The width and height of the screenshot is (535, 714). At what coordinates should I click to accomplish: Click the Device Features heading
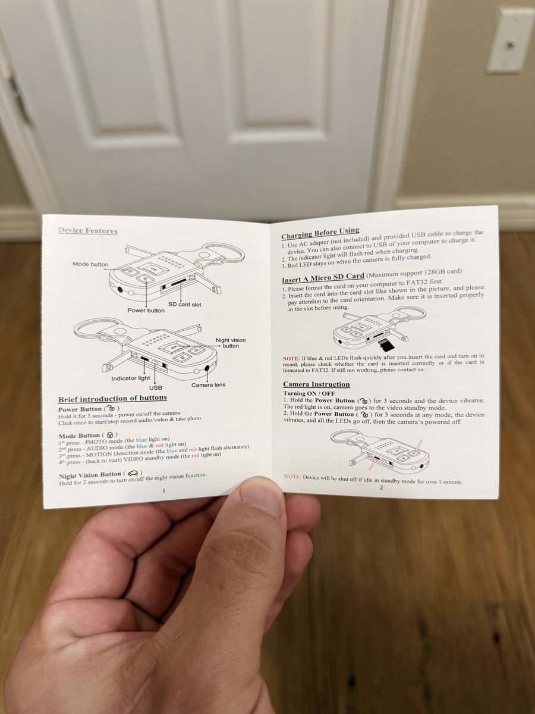point(88,231)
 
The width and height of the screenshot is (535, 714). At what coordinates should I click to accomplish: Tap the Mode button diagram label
point(90,264)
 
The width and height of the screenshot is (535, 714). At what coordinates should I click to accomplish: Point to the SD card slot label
point(184,305)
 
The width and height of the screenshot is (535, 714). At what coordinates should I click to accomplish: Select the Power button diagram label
point(146,311)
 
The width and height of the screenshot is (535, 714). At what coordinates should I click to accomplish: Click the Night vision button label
point(231,343)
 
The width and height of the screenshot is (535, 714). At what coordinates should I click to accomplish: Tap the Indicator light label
point(131,378)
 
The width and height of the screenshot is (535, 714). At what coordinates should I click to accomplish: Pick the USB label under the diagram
point(156,388)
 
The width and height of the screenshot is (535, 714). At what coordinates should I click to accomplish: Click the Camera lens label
point(208,385)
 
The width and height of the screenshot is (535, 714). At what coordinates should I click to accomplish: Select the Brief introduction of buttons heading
point(113,399)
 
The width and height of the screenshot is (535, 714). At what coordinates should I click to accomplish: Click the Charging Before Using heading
point(320,232)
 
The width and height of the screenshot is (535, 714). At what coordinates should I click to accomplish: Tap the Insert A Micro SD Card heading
point(323,278)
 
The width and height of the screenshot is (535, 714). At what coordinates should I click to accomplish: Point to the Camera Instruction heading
point(316,384)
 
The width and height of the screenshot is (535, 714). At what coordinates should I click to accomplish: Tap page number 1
point(163,490)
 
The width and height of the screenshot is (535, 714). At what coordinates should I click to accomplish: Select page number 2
point(382,487)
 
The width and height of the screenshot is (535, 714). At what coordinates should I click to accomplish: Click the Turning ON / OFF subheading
point(309,393)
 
